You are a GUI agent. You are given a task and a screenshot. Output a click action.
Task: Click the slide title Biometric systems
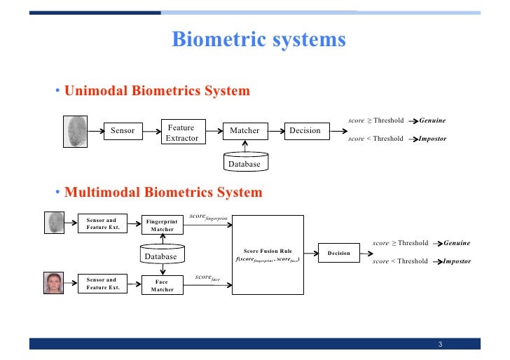(259, 39)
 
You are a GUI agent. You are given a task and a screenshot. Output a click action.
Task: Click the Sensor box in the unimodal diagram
(123, 131)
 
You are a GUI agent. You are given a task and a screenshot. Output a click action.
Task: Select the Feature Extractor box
(181, 132)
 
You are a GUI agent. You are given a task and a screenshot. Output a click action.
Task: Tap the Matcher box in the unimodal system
(244, 131)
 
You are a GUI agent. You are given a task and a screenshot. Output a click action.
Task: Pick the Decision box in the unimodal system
(305, 131)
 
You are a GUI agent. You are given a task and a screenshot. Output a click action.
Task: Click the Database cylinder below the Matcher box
(244, 162)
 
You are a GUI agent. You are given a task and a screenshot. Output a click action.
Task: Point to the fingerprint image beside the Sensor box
(77, 130)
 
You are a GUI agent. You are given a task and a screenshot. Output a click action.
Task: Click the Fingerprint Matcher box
(163, 225)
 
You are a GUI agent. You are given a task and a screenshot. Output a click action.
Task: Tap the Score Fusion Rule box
(268, 255)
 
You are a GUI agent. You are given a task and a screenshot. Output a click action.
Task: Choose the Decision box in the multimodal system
(339, 254)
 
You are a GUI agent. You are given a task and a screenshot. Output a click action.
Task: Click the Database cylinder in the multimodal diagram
(162, 255)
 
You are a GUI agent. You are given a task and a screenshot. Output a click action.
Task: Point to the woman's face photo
(55, 284)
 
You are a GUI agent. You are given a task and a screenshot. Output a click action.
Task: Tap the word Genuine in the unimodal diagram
(432, 120)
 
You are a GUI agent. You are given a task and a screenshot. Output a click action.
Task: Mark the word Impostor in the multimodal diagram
(457, 261)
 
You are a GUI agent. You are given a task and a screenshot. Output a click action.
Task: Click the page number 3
(440, 344)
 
